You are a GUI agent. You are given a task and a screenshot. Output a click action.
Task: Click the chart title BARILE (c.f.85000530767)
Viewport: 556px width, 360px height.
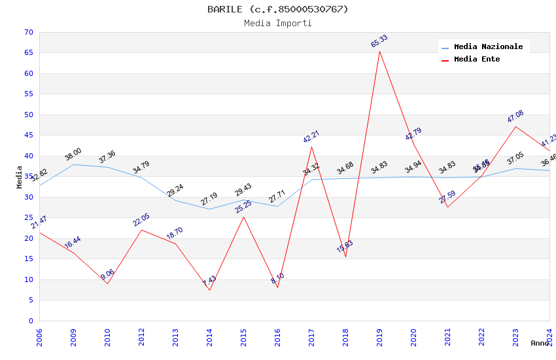(x=278, y=9)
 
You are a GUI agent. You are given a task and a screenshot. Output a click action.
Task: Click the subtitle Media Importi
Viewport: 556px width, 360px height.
(x=278, y=23)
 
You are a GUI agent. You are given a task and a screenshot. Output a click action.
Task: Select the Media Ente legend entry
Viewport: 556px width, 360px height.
(x=477, y=60)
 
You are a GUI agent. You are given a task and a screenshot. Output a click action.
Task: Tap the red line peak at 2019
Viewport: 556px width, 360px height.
(x=379, y=51)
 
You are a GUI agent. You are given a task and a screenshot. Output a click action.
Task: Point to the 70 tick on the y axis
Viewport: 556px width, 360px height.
(x=27, y=32)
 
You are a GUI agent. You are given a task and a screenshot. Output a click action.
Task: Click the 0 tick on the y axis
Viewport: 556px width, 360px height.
(x=30, y=321)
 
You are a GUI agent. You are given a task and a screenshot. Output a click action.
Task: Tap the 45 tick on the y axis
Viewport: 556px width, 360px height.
(x=27, y=135)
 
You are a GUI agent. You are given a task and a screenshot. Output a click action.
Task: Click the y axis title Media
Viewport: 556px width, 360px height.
(x=20, y=177)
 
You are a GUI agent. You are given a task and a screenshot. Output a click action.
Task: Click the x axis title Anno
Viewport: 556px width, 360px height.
(x=540, y=343)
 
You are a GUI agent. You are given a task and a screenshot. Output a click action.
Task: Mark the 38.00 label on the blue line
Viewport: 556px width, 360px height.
(x=73, y=154)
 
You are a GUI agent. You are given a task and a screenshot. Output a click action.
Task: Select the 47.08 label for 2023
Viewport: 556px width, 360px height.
(x=515, y=117)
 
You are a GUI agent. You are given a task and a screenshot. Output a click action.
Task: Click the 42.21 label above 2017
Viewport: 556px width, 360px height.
(x=311, y=137)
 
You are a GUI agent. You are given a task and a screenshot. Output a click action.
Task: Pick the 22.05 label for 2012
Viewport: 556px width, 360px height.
(x=141, y=221)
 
